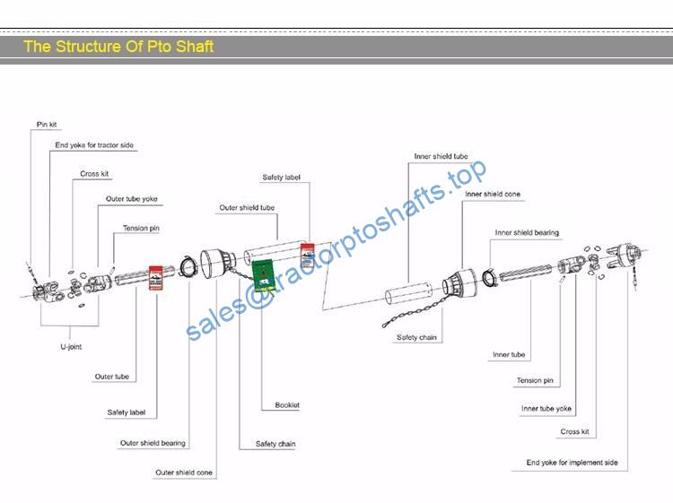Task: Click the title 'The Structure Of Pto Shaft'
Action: (x=118, y=47)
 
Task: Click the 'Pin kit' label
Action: (x=47, y=125)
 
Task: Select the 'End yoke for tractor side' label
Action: (x=94, y=145)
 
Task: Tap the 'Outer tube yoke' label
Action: (x=132, y=199)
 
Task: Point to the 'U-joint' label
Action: (x=71, y=346)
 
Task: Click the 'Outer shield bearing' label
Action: (x=153, y=443)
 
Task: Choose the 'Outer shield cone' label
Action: (x=184, y=473)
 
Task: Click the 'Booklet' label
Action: (x=287, y=404)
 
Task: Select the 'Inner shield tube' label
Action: (x=441, y=157)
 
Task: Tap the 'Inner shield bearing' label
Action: (x=527, y=232)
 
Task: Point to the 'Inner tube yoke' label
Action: (x=546, y=409)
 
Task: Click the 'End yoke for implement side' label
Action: (x=572, y=463)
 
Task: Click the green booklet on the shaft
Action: (x=263, y=274)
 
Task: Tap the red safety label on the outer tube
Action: (x=155, y=278)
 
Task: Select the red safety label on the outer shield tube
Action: (x=307, y=256)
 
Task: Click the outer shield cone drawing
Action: (x=218, y=264)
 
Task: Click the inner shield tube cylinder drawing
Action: (x=407, y=293)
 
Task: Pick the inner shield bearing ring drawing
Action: (x=489, y=277)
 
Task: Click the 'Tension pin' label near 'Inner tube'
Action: (x=535, y=380)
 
